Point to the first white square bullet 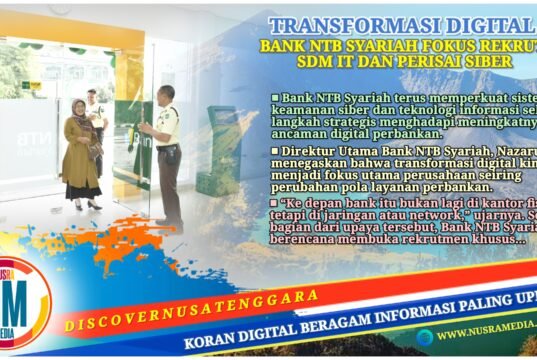(x=275, y=96)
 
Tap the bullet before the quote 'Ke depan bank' (x=275, y=201)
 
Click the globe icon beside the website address (x=425, y=337)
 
